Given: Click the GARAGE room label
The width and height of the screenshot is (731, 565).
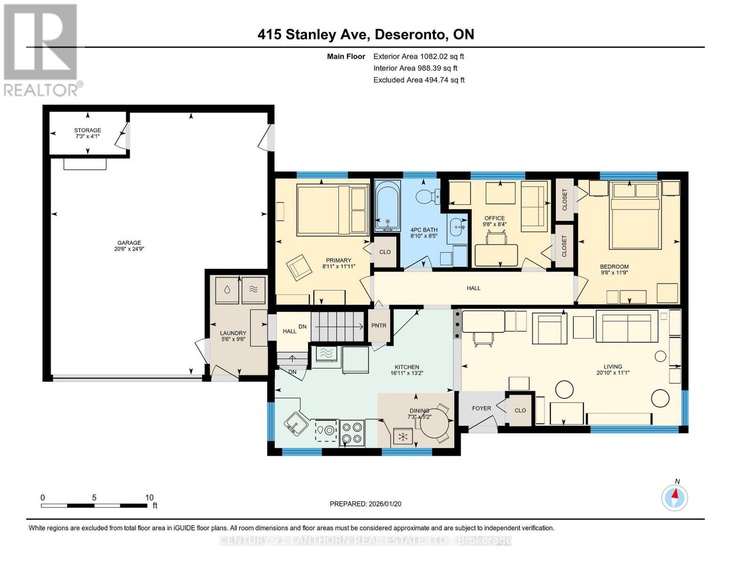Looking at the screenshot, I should (x=129, y=243).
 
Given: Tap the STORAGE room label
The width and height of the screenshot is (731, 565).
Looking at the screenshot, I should (x=88, y=130).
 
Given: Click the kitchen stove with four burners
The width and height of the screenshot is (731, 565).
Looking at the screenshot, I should (x=352, y=433).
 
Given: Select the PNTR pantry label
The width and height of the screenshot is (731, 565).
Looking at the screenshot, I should (x=378, y=325).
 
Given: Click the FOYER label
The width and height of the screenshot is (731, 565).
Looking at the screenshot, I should (x=482, y=408).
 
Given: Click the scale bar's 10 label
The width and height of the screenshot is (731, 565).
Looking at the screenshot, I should (x=149, y=498).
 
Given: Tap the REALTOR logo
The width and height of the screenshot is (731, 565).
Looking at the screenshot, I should (x=41, y=49).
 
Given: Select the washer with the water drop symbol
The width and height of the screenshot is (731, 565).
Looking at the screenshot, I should (x=227, y=290).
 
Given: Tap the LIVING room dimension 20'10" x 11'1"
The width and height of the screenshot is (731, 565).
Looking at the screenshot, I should (x=613, y=372).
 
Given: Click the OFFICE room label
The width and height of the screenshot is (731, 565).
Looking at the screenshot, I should (x=494, y=218).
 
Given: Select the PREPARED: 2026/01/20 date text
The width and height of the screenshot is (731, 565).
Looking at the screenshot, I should (x=365, y=504).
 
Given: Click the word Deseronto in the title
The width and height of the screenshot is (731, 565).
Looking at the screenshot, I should (x=411, y=34).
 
